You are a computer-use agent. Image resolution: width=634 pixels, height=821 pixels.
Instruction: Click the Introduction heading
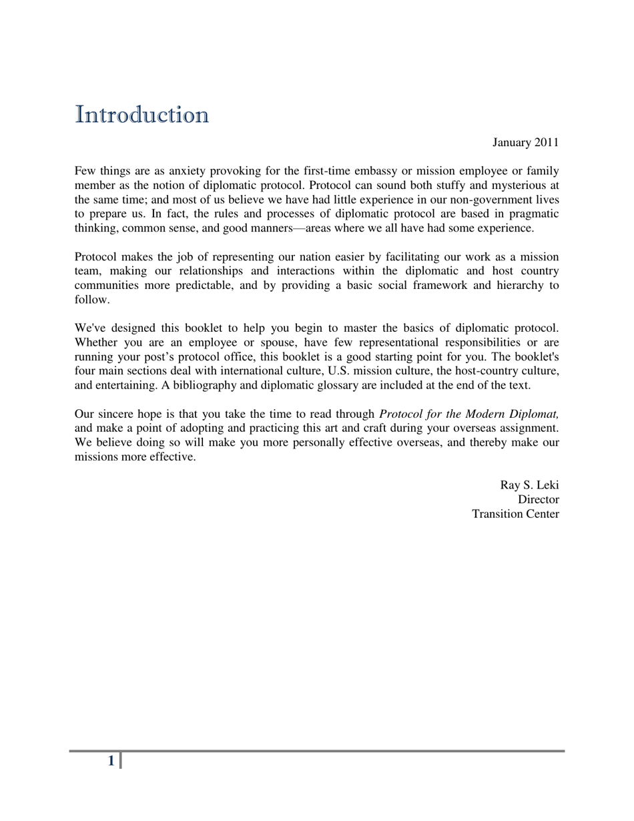click(x=141, y=115)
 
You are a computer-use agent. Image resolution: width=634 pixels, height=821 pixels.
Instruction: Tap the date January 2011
click(x=525, y=143)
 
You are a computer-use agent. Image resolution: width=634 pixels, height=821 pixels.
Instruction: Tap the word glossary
click(x=336, y=385)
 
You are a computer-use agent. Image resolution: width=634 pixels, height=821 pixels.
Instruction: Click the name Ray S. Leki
click(x=529, y=485)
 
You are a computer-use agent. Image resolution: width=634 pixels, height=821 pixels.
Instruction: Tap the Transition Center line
click(x=515, y=514)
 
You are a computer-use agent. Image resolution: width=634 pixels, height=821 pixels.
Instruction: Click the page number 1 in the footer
click(x=111, y=761)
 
